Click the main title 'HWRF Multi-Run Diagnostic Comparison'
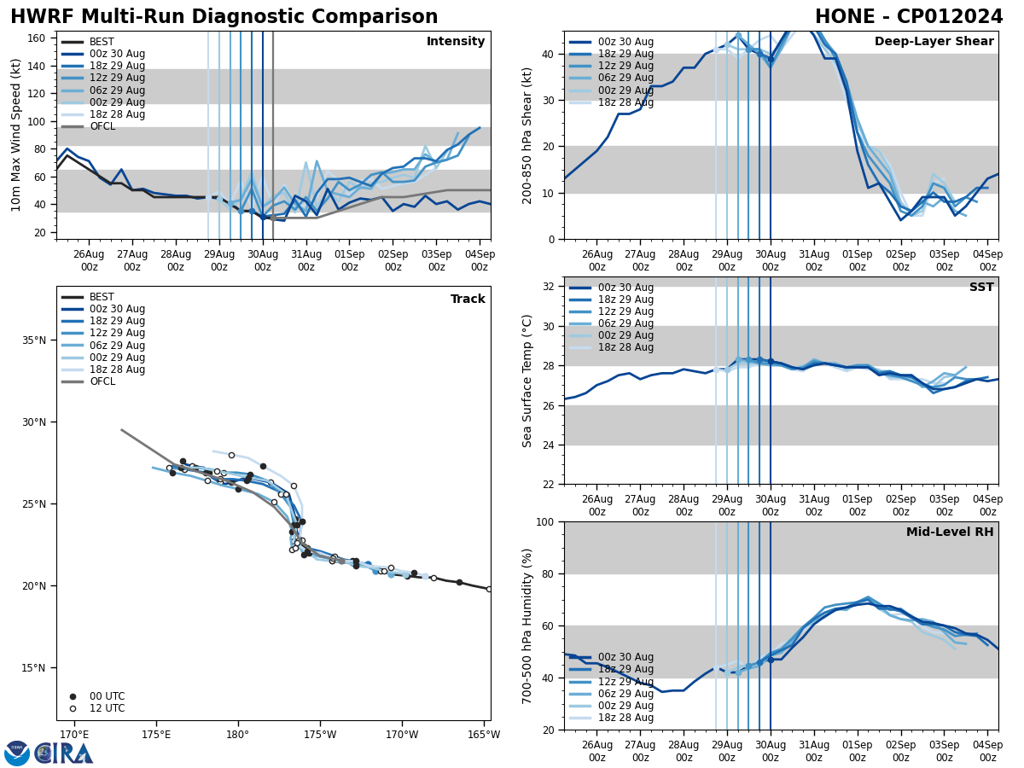tap(224, 17)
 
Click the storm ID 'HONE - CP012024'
tap(909, 17)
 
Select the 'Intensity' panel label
tap(456, 42)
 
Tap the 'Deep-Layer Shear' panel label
tap(934, 42)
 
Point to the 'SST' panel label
tap(981, 288)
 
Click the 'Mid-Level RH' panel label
tap(950, 532)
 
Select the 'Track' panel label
tap(468, 300)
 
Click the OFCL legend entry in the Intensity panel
tap(102, 126)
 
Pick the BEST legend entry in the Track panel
tap(102, 297)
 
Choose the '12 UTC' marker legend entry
tap(107, 708)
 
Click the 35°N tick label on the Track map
tap(35, 340)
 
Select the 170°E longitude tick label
tap(74, 736)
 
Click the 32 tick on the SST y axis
tap(549, 287)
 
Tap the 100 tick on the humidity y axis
tap(545, 522)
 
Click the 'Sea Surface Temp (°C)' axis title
tap(528, 381)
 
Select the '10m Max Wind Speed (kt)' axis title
tap(15, 135)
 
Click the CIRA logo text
tap(65, 753)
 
